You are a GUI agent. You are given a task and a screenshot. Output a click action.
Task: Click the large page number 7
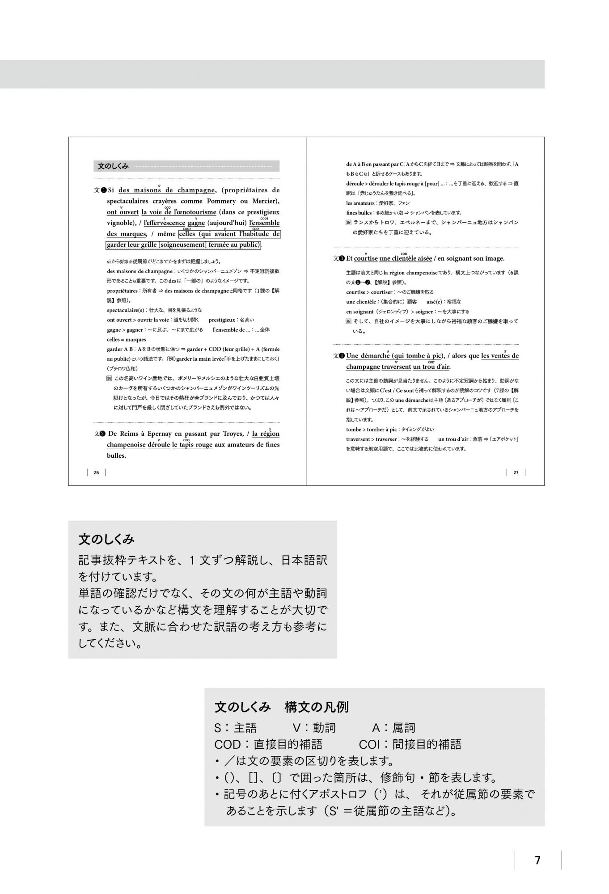[537, 860]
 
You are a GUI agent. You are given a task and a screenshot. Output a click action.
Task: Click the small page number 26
[96, 472]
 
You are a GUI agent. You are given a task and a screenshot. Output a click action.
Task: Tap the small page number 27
[516, 472]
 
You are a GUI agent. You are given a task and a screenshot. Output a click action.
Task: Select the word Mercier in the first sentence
[261, 201]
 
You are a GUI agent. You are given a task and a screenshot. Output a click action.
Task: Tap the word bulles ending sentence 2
[116, 455]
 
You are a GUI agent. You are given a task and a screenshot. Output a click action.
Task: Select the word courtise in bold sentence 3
[366, 258]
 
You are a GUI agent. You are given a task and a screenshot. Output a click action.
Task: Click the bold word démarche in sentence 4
[375, 356]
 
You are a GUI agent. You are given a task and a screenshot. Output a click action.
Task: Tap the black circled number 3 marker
[342, 258]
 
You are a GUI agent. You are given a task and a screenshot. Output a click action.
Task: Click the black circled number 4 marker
[342, 356]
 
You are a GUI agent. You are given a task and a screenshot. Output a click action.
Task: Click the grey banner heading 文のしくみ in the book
[113, 166]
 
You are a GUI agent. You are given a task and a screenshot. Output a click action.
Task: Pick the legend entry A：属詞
[393, 728]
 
